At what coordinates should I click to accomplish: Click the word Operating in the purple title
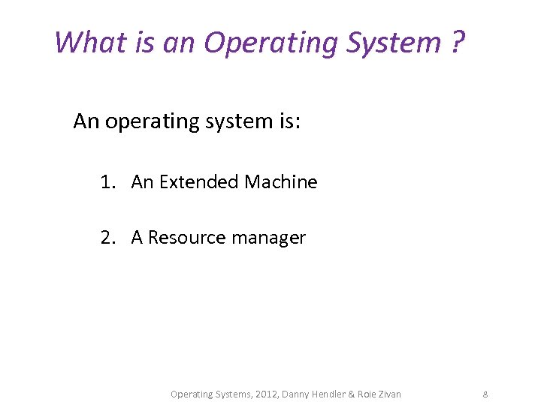pyautogui.click(x=272, y=43)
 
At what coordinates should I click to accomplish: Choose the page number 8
pyautogui.click(x=485, y=394)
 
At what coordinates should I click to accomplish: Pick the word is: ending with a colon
pyautogui.click(x=288, y=121)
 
